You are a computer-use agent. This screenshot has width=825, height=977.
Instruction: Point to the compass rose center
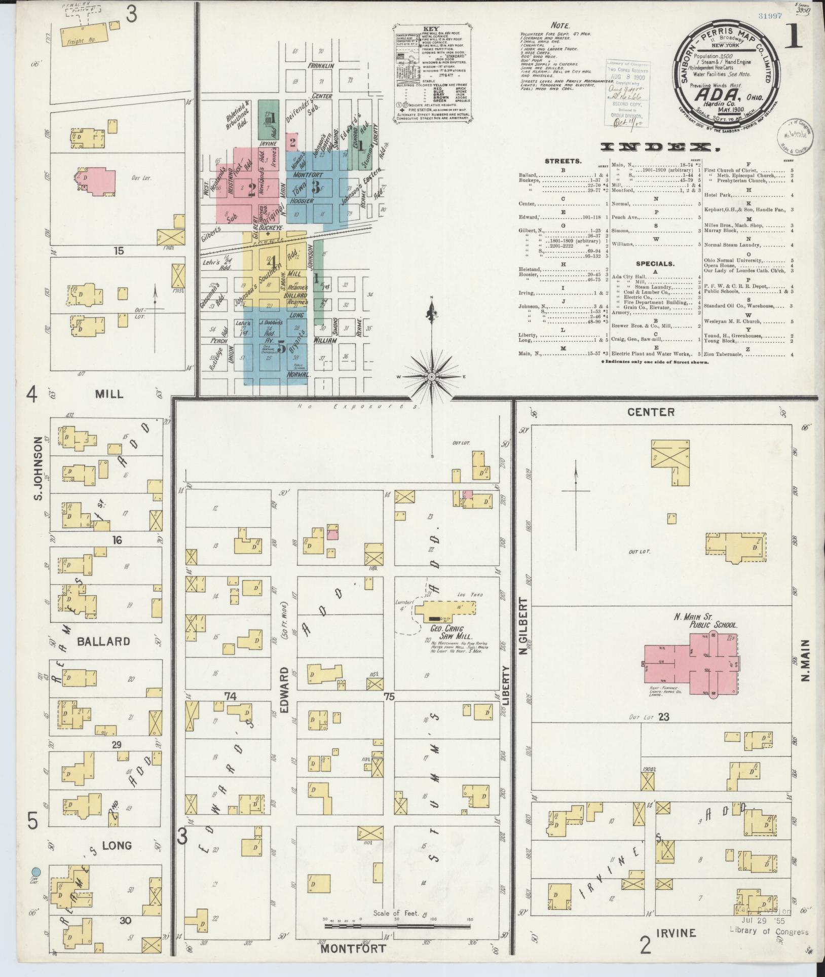[432, 377]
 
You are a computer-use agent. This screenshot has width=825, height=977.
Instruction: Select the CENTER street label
[651, 412]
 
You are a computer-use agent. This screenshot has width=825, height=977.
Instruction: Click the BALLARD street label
[103, 641]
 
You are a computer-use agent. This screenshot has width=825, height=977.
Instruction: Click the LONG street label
[117, 845]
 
